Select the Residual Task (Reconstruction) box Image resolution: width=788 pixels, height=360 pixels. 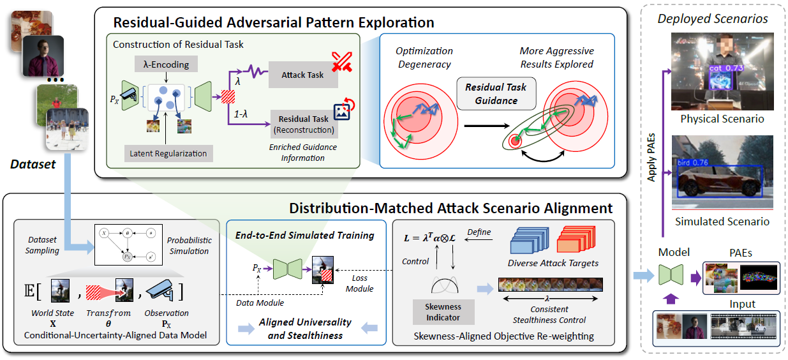[x=304, y=124]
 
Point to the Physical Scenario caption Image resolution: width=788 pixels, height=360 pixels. [x=722, y=119]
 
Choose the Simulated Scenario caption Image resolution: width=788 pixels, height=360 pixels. [x=722, y=221]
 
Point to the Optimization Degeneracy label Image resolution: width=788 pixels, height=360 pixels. [x=424, y=57]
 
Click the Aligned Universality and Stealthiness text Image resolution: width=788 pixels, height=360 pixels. [x=305, y=329]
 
